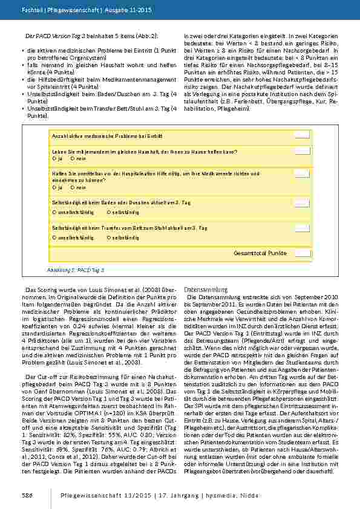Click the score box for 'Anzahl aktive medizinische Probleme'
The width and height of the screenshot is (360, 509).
[302, 135]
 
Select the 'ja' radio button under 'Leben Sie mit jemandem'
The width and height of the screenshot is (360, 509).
[54, 158]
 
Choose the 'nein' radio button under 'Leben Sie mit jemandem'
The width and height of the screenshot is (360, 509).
[73, 158]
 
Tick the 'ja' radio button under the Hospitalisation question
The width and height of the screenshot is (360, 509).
[54, 187]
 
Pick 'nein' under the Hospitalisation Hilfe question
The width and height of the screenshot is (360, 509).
[73, 187]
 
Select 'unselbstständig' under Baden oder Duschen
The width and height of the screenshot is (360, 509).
[54, 213]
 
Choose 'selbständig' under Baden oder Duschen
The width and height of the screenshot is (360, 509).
[108, 213]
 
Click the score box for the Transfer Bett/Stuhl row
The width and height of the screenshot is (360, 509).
[302, 228]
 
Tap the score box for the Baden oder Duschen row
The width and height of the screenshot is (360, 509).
[302, 203]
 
